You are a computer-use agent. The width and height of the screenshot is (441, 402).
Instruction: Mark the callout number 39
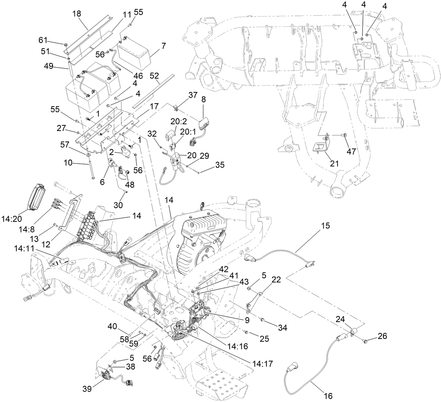[88, 388]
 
